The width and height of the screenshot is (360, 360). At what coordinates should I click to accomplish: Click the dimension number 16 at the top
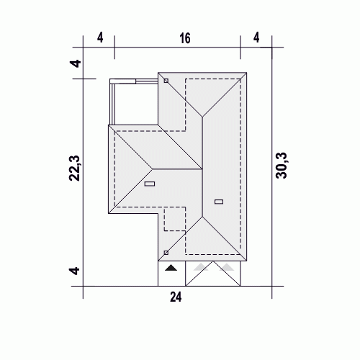coord(185,38)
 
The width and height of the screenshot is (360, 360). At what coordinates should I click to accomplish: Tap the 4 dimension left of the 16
coord(100,37)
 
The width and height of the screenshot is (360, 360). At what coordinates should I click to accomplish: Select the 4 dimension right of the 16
coord(256,37)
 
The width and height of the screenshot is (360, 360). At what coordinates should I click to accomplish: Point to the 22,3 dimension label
coord(74,168)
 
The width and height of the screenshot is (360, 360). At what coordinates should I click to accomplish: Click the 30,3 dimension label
coord(282,166)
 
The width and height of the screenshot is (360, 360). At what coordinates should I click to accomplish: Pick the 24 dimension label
coord(176,297)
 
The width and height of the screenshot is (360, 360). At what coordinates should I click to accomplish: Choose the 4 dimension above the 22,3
coord(75,64)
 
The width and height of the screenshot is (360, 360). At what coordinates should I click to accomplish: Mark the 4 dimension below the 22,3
coord(74,271)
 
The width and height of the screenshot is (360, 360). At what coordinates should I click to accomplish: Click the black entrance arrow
coord(171,267)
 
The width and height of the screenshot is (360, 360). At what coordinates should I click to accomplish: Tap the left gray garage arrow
coord(201,267)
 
